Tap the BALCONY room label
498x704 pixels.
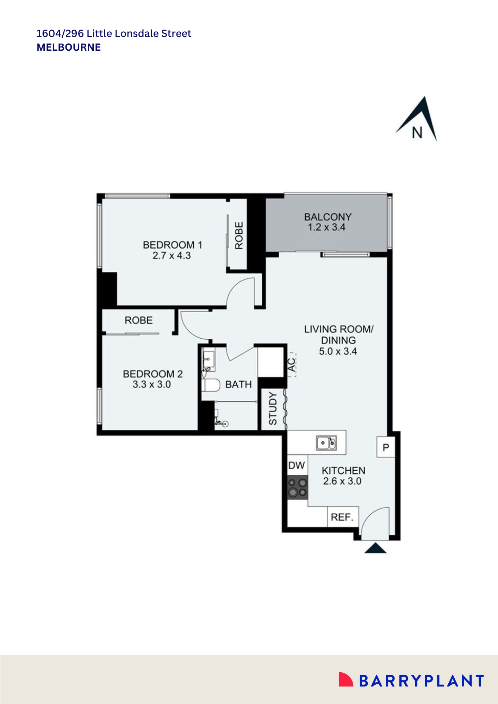tap(328, 217)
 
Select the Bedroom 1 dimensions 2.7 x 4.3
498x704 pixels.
tap(172, 256)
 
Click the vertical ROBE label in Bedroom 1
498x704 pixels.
tap(239, 235)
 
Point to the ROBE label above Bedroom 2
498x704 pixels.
tap(138, 320)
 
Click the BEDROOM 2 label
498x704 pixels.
tap(152, 374)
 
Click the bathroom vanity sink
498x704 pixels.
tap(208, 359)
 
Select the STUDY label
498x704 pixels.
tap(273, 409)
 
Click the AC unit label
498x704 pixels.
tap(292, 365)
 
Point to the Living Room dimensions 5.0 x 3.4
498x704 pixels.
tap(338, 351)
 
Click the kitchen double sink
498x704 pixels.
tap(326, 443)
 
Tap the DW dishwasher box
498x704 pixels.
tap(297, 465)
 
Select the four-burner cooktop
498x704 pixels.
tap(298, 488)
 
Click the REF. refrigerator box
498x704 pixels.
tap(342, 517)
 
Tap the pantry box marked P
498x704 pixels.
tap(386, 447)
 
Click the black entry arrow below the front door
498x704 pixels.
tap(375, 548)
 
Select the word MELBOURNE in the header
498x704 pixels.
tap(69, 47)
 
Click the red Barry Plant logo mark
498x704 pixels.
tap(345, 679)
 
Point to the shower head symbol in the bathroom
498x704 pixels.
tap(225, 424)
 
